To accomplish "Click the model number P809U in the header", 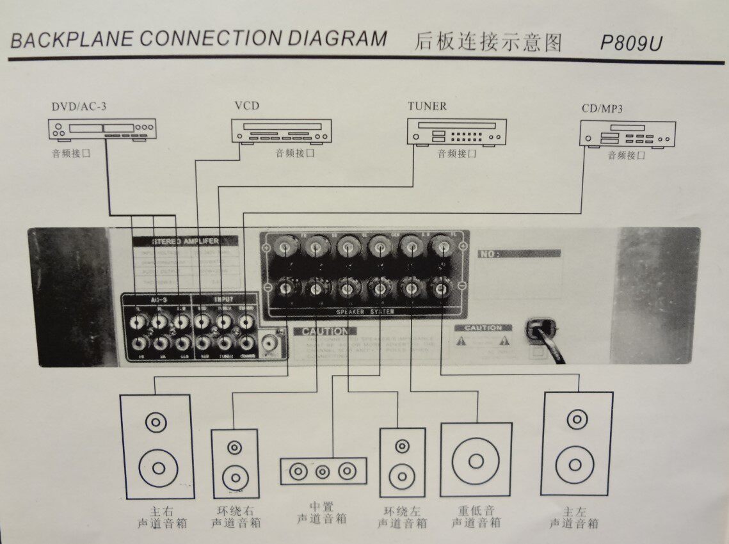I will tap(631, 42).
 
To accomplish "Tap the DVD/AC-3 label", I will tap(79, 106).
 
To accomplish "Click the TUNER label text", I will tap(427, 106).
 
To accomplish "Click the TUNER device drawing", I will tap(457, 132).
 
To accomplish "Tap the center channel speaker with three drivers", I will tap(323, 472).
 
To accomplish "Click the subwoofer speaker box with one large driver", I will tap(476, 460).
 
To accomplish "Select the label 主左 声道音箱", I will tap(573, 517).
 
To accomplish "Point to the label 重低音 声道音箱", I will tap(476, 517).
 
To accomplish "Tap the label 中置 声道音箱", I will tap(323, 513).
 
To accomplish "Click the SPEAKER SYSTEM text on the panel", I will tap(364, 312).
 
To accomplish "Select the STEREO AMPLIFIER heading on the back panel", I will tap(186, 241).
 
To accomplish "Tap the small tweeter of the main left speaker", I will tap(577, 420).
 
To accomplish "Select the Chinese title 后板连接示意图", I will tap(488, 42).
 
